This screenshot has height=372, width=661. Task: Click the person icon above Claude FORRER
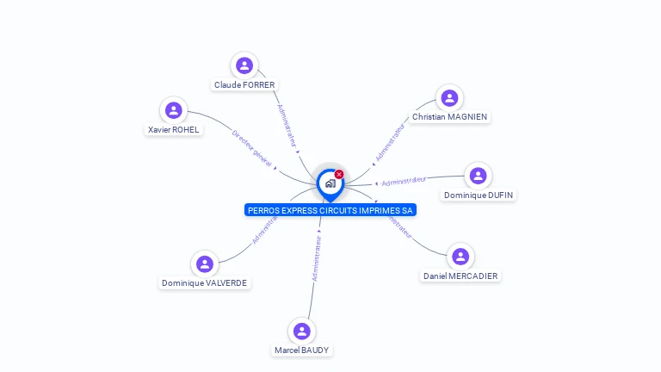click(x=244, y=65)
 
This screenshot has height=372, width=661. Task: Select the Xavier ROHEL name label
click(x=173, y=130)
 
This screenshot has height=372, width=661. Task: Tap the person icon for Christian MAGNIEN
click(x=449, y=97)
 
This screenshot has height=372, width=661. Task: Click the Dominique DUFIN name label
click(x=479, y=195)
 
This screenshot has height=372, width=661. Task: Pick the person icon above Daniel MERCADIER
click(x=460, y=257)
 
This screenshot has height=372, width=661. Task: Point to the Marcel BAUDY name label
click(x=301, y=350)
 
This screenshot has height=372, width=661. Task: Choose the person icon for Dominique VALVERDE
click(x=204, y=263)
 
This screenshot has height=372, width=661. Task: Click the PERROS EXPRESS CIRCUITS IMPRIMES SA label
click(x=330, y=210)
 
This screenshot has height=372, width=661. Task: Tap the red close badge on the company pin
click(x=339, y=174)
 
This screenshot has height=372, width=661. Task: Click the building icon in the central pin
click(x=330, y=183)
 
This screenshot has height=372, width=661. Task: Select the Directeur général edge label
click(x=253, y=147)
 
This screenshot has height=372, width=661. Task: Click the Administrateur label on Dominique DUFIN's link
click(x=404, y=181)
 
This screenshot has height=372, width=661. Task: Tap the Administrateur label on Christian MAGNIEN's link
click(x=390, y=143)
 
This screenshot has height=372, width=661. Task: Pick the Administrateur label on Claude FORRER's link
click(x=287, y=126)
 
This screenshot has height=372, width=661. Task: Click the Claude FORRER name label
click(x=244, y=85)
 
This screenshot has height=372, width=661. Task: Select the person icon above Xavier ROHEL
click(x=174, y=110)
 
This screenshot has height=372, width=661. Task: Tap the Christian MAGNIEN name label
click(x=449, y=117)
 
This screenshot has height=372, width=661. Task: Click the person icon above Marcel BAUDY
click(x=301, y=331)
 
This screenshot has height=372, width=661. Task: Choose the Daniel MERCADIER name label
click(x=460, y=276)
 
